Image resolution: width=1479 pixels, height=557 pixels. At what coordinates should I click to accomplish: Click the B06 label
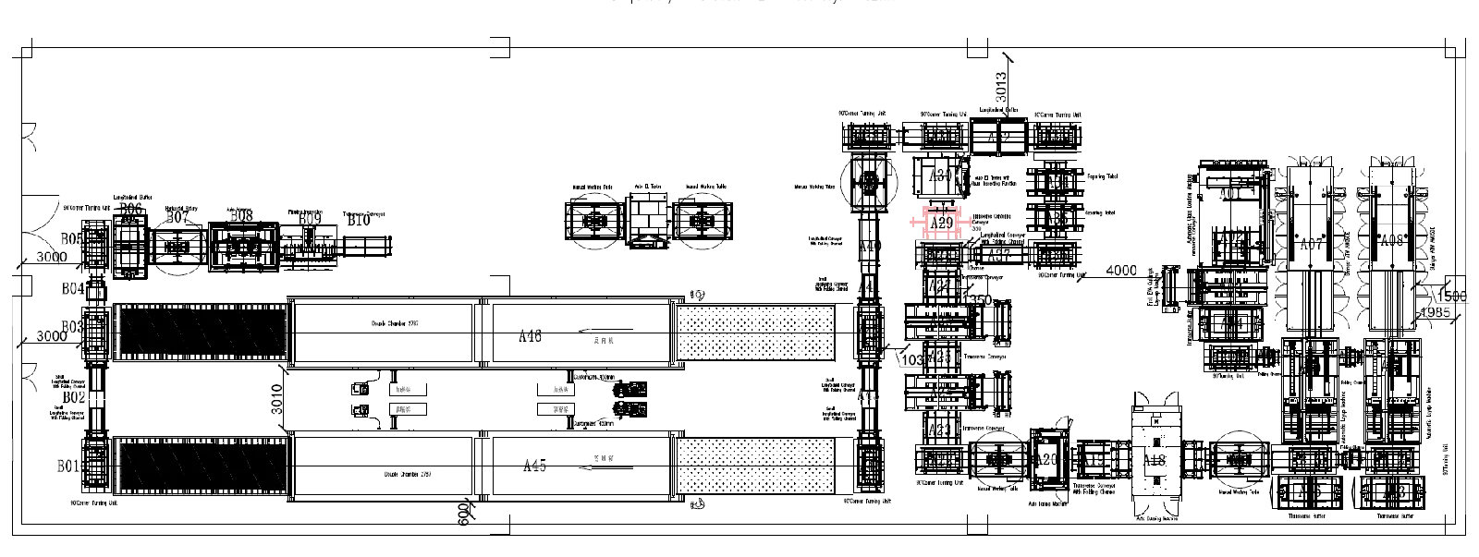132,211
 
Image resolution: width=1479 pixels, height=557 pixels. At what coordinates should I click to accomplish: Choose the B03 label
73,327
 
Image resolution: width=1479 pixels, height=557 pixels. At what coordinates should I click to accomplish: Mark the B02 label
72,396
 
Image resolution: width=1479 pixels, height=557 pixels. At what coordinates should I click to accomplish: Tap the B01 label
70,466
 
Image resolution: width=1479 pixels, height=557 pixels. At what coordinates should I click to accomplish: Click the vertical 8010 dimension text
276,399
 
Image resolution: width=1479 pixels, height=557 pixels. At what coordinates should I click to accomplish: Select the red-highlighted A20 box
942,223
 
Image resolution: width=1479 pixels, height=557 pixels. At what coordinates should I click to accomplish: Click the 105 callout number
912,359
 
